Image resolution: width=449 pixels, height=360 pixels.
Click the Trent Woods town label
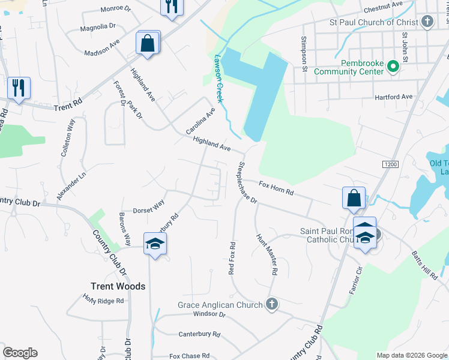click(x=118, y=286)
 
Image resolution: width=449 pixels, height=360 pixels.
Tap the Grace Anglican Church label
click(x=220, y=305)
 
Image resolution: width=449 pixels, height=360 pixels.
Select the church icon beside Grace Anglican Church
click(x=271, y=304)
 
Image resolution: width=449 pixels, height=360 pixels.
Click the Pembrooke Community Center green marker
click(x=393, y=66)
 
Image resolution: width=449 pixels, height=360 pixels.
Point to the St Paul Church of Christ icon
click(x=427, y=23)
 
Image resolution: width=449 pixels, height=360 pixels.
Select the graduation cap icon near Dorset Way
click(x=155, y=243)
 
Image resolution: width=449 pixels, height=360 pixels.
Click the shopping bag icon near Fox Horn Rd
click(x=354, y=198)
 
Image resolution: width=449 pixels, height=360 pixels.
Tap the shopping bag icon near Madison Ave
click(x=147, y=43)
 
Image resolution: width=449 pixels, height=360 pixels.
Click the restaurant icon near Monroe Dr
click(x=172, y=7)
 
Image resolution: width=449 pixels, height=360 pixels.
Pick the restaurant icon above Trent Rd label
click(x=19, y=88)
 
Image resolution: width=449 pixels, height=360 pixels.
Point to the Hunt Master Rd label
click(x=267, y=254)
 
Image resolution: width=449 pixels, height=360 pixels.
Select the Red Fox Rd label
click(x=232, y=257)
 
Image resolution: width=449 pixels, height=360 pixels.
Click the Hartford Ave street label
click(x=394, y=97)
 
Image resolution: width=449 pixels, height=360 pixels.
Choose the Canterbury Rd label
click(x=199, y=334)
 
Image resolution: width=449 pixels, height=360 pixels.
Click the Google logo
click(x=20, y=353)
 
